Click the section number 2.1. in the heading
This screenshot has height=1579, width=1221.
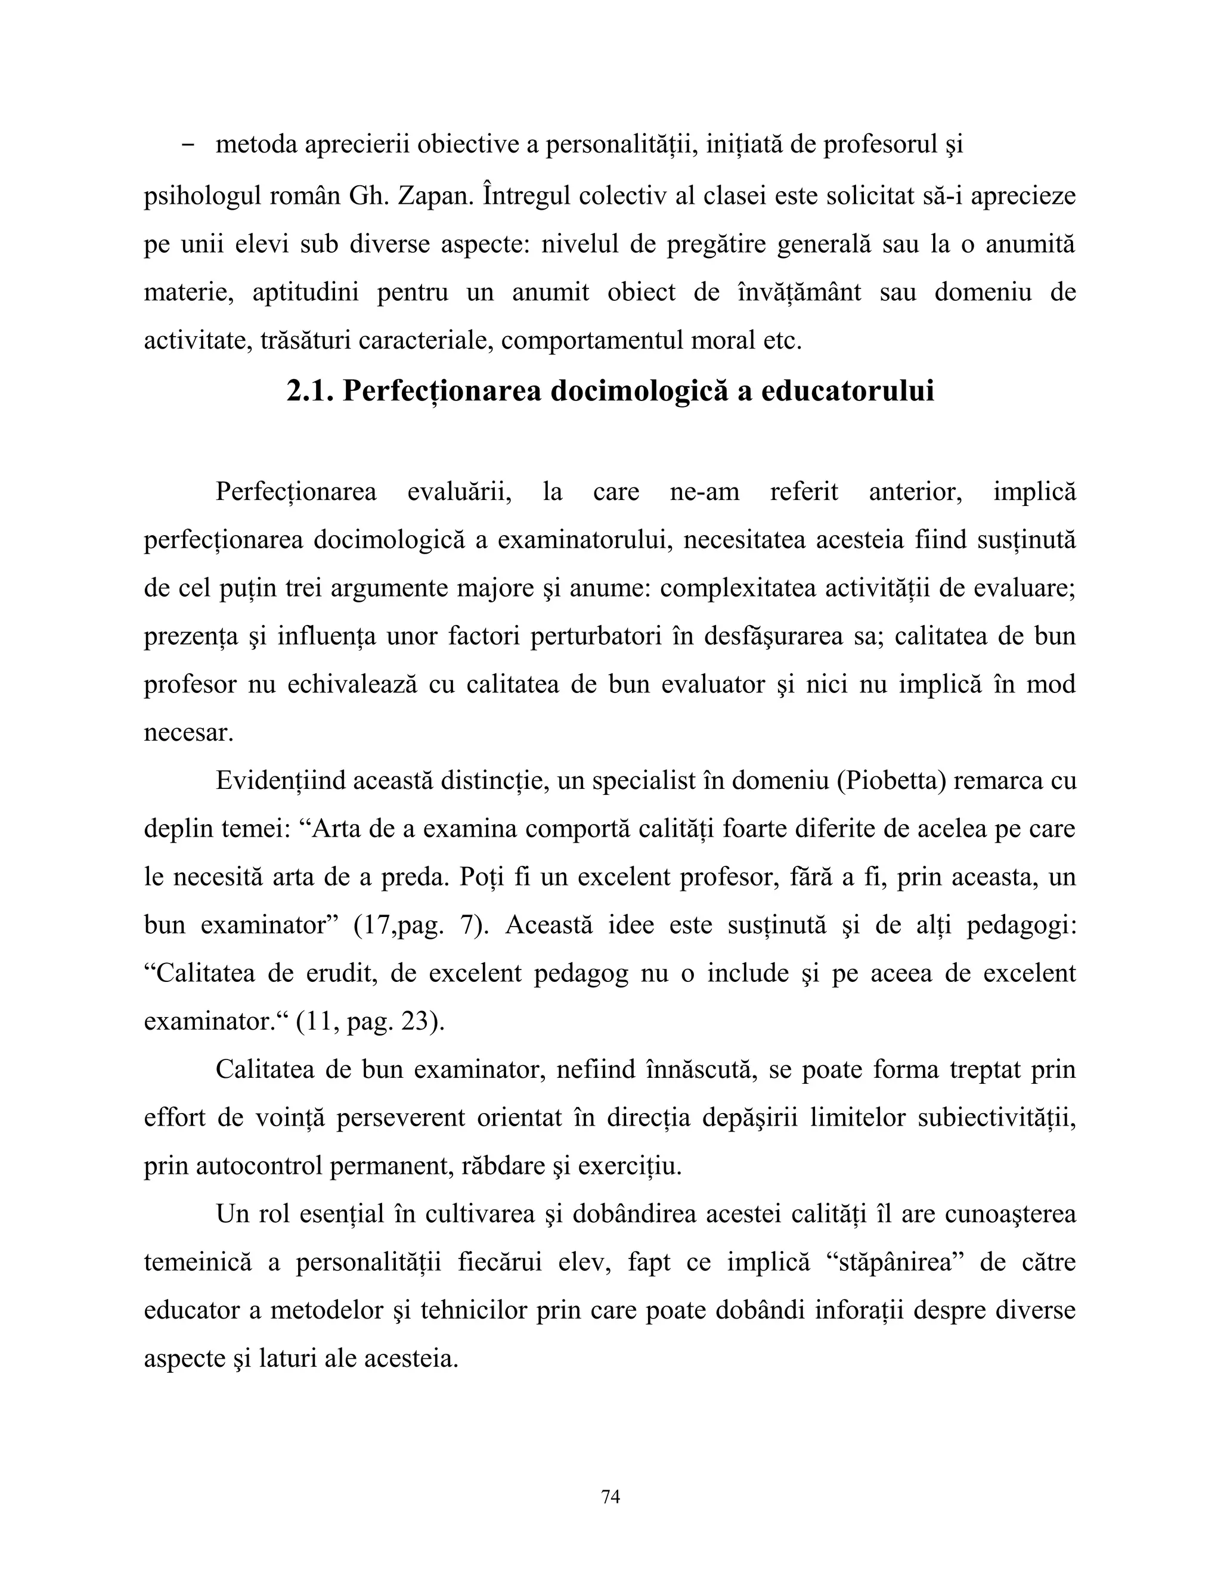pos(309,391)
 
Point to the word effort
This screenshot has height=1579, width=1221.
pos(174,1118)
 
